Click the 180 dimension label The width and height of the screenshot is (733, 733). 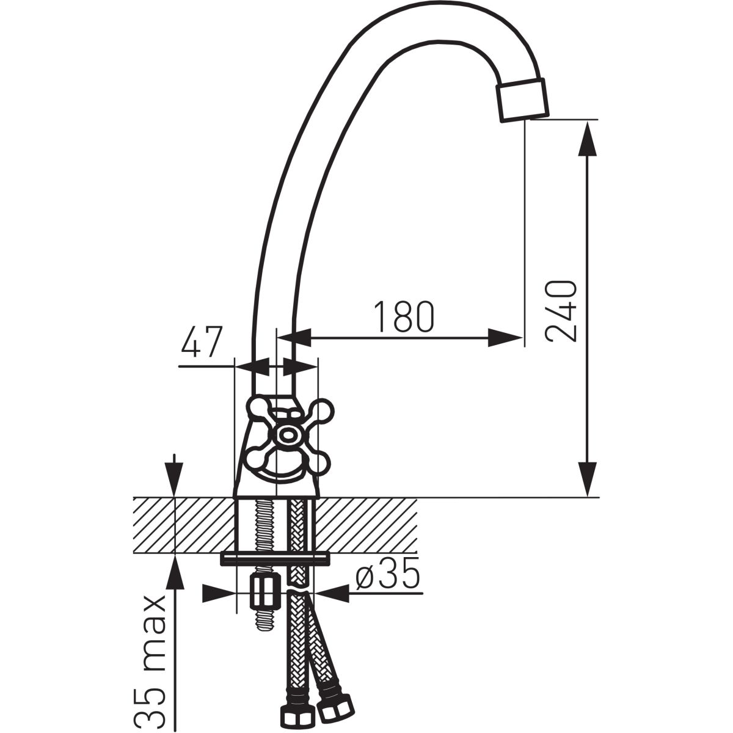pos(404,317)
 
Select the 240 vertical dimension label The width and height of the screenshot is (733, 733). pos(561,311)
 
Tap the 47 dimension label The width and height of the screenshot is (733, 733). pos(202,341)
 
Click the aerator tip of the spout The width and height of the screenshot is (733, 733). pos(523,100)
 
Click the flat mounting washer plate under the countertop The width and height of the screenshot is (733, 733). pos(275,558)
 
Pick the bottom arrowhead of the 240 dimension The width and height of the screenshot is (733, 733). pos(588,480)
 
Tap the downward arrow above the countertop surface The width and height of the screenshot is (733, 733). pos(174,475)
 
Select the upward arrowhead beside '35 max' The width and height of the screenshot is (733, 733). pos(175,573)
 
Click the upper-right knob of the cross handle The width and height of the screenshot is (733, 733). pos(322,410)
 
